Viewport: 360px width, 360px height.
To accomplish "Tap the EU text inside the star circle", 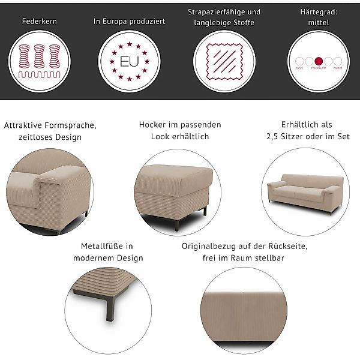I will (129, 62).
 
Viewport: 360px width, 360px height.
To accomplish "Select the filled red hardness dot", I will (319, 61).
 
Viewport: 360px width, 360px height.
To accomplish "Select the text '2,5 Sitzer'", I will (287, 136).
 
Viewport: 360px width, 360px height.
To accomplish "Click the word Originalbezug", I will (209, 246).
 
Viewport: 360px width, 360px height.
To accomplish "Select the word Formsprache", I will (70, 125).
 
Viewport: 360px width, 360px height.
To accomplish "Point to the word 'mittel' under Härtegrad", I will (319, 22).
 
